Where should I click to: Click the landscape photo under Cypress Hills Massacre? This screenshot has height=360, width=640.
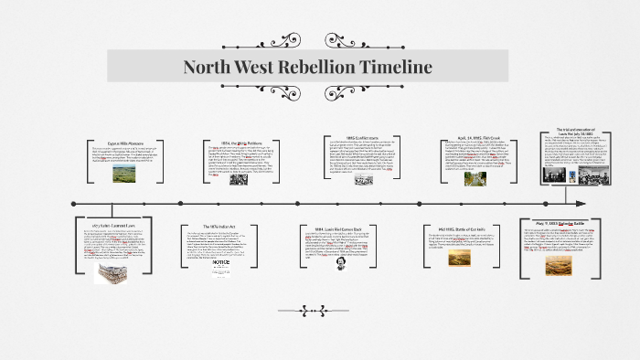click(125, 173)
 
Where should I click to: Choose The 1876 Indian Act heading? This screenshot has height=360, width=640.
click(231, 226)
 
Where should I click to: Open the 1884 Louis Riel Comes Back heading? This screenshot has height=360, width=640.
click(348, 228)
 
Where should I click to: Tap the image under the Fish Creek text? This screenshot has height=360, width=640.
click(475, 177)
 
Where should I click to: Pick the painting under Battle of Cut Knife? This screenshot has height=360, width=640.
click(460, 258)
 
